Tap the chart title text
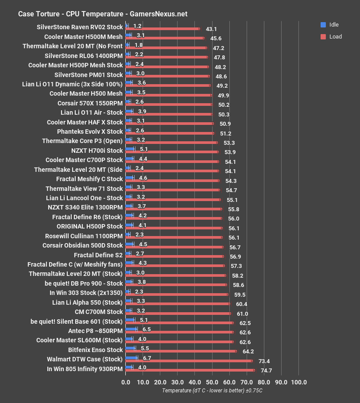[x=103, y=14]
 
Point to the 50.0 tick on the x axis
[x=212, y=382]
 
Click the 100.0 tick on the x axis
[x=298, y=382]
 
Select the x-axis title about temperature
[x=212, y=391]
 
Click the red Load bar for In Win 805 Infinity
[x=190, y=370]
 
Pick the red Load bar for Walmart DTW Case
[x=189, y=361]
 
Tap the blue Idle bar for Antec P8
[x=132, y=329]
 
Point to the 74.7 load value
[x=266, y=370]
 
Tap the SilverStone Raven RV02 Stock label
[x=80, y=27]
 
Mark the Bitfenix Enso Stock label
[x=95, y=350]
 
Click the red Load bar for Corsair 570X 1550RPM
[x=169, y=105]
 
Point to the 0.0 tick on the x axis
[x=126, y=382]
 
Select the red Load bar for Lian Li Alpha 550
[x=178, y=304]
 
